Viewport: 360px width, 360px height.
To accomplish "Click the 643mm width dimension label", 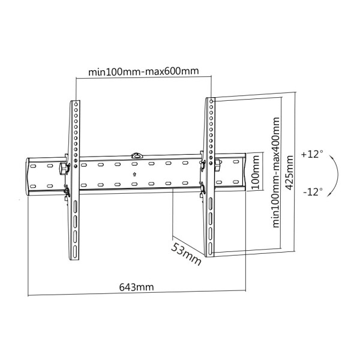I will pos(136,287).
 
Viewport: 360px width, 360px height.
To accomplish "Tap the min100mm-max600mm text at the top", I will pos(143,72).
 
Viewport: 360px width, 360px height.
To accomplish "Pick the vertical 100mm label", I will pos(256,173).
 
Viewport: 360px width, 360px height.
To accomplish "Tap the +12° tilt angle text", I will pos(312,154).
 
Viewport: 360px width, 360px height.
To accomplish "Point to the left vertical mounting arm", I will pos(76,180).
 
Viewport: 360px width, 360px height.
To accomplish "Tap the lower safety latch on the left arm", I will pos(67,193).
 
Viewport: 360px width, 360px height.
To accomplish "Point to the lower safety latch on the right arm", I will pos(203,188).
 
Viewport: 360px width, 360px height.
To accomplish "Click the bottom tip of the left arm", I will pos(76,260).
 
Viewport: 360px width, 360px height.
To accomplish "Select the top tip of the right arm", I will pos(211,99).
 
